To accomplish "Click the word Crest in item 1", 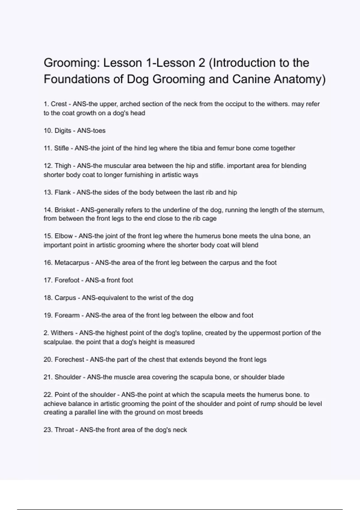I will [x=59, y=104].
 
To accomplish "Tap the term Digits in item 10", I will [x=63, y=131].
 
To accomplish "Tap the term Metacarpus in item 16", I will [x=72, y=263].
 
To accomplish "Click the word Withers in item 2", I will [x=62, y=333].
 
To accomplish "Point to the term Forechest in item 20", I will [x=69, y=360].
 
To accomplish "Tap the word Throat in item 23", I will [x=64, y=430].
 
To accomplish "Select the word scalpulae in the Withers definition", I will [x=58, y=342].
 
